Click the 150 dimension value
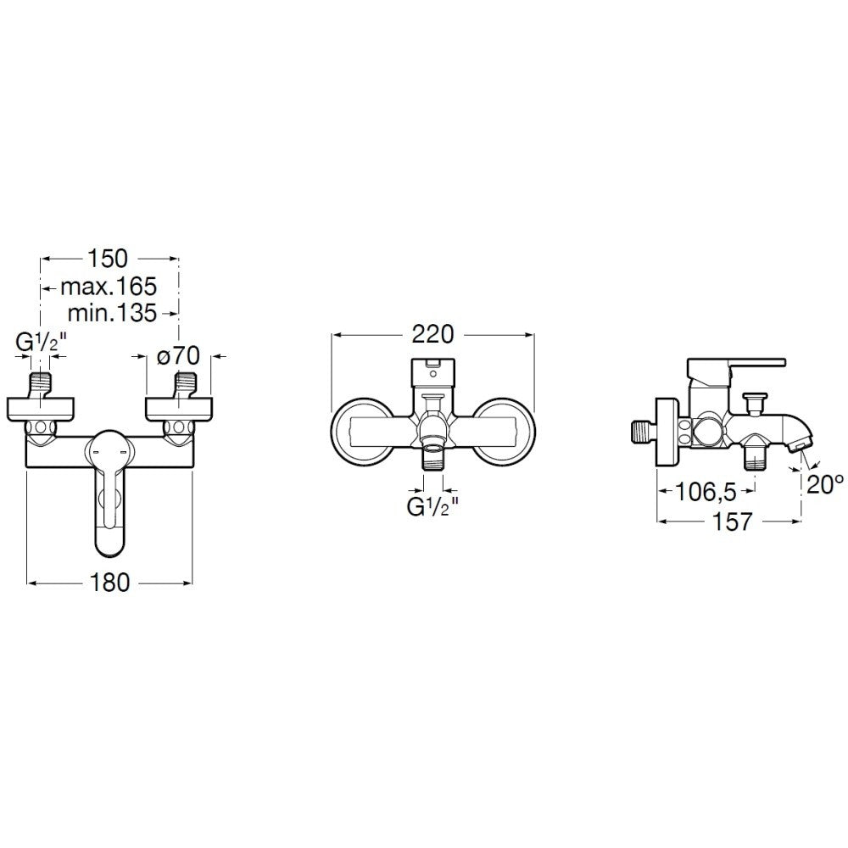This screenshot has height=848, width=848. (x=109, y=259)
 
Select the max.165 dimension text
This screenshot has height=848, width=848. (x=109, y=286)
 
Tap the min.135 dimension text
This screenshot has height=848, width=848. (x=113, y=313)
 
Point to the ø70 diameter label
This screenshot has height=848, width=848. (x=178, y=356)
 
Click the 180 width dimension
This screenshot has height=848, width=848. (x=109, y=583)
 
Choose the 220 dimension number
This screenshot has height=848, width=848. (x=432, y=334)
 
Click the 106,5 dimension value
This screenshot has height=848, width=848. (x=706, y=492)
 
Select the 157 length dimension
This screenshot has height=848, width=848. (x=733, y=522)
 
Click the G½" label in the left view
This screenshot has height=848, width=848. (x=41, y=343)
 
